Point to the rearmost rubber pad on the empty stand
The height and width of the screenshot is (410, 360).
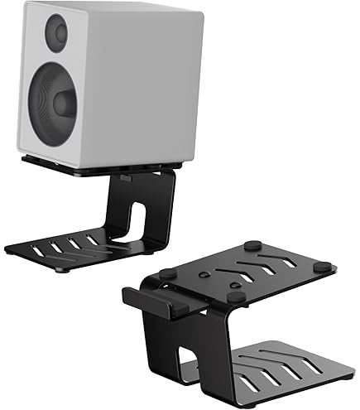pos(252,244)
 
